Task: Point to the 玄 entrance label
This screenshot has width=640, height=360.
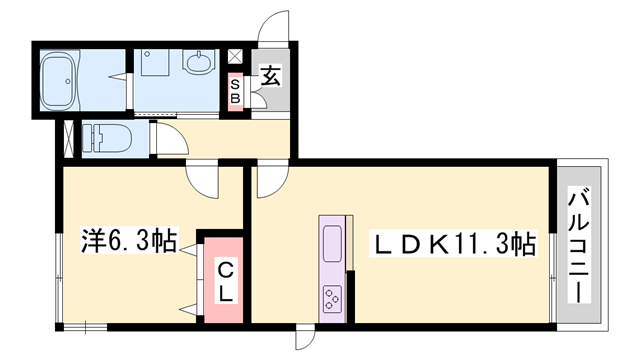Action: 270,73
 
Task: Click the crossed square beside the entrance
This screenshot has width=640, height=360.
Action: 236,57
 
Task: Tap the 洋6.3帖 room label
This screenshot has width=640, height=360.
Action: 128,240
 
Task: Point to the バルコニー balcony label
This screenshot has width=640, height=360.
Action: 577,245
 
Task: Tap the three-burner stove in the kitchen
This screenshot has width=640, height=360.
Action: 332,297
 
